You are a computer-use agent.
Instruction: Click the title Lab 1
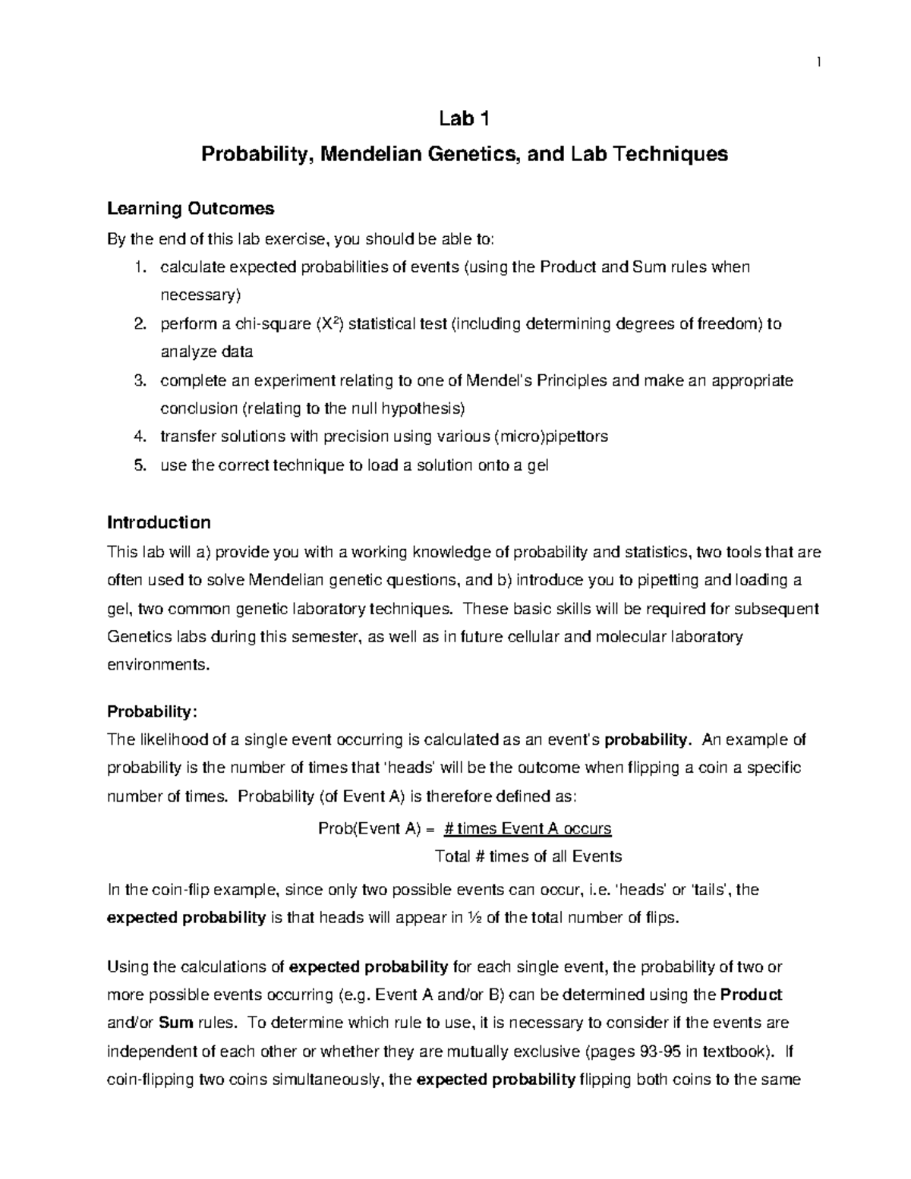tap(464, 118)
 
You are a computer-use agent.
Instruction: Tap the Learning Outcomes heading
tap(191, 208)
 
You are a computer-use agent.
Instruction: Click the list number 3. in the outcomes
tap(139, 380)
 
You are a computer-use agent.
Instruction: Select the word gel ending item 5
tap(537, 465)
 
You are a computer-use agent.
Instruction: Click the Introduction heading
tap(159, 522)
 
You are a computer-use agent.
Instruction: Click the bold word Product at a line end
tap(750, 995)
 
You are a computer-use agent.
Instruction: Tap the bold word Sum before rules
tap(176, 1023)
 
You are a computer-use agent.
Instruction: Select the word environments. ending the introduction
tap(156, 664)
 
